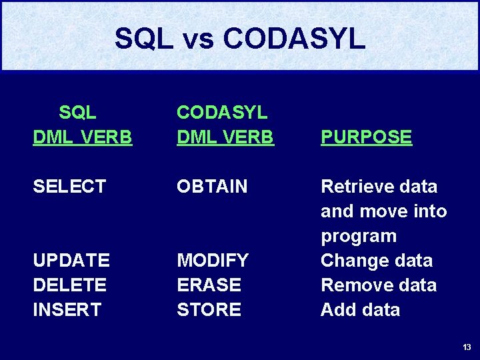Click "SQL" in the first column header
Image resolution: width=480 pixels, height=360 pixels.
77,112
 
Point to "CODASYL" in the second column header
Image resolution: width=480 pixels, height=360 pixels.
221,112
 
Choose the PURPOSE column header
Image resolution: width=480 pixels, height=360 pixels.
366,137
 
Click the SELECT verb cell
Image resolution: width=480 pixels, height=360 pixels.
69,187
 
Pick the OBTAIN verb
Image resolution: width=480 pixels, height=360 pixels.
212,187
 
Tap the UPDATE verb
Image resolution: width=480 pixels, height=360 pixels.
71,260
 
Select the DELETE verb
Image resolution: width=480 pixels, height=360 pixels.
69,285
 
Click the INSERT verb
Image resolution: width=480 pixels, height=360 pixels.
67,309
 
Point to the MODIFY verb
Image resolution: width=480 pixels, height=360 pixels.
213,260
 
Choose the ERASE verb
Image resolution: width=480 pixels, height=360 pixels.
209,285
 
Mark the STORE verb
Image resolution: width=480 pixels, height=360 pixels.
209,309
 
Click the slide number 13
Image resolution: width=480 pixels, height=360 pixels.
467,347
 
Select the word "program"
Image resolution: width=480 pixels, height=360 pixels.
359,236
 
